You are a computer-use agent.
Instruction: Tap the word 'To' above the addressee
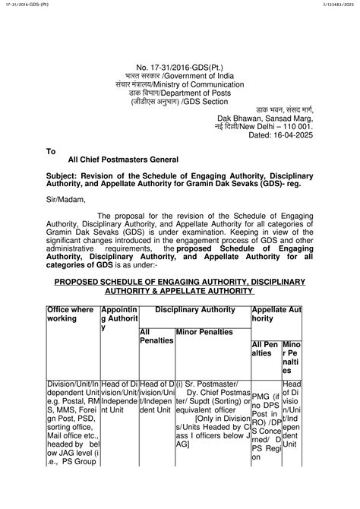[52, 151]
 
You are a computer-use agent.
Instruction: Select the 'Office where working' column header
[71, 314]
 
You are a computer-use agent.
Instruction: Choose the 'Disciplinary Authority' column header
[194, 309]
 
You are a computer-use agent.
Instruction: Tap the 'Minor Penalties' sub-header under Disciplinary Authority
[205, 332]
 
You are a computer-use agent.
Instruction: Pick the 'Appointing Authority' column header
[118, 318]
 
